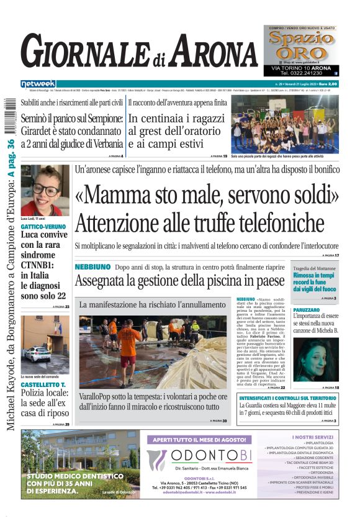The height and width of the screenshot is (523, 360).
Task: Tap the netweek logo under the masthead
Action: pos(38,83)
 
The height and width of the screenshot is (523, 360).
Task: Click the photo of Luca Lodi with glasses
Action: pos(45,190)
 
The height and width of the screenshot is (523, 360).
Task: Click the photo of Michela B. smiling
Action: pos(316,352)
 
